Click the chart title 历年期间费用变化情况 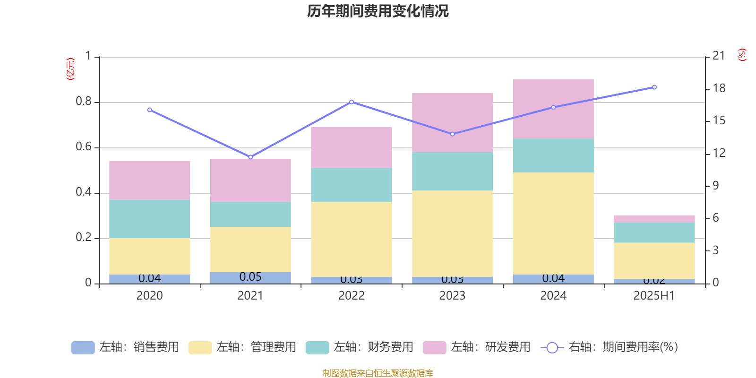(x=378, y=11)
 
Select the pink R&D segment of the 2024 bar (x=553, y=109)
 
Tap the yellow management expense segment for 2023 (x=453, y=233)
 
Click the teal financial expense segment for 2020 (x=150, y=218)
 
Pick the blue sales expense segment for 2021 (x=250, y=278)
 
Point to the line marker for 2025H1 (x=654, y=87)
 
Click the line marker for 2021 (x=250, y=157)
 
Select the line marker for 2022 (x=352, y=102)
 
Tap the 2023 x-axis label (x=452, y=296)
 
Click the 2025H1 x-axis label (x=654, y=296)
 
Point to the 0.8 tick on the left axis (x=84, y=102)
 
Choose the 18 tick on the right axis (x=719, y=88)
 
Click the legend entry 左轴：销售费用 (x=125, y=347)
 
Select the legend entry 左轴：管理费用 (x=242, y=347)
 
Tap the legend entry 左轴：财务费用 (x=360, y=347)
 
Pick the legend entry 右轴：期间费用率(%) (x=610, y=347)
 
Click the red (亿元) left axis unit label (x=70, y=69)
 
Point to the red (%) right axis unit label (x=742, y=55)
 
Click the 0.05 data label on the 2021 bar (x=250, y=277)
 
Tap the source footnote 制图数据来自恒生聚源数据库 (x=378, y=373)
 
